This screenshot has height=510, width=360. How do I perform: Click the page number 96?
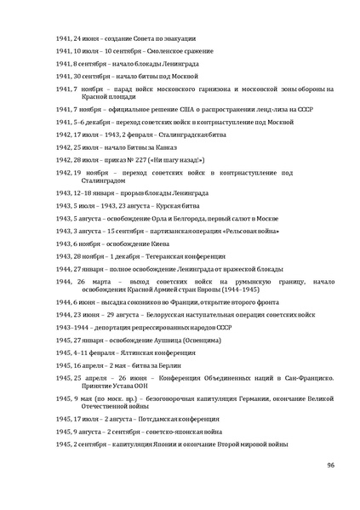330,465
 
